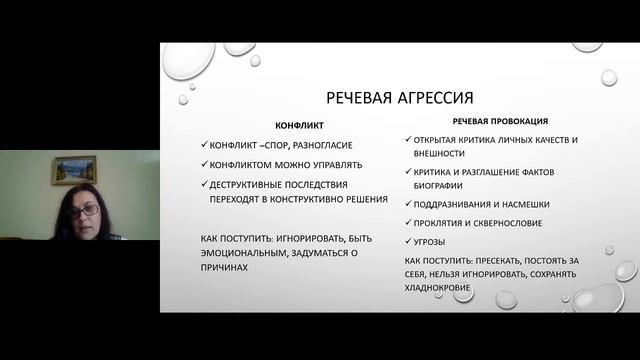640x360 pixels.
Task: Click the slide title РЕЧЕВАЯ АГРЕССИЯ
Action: tap(400, 98)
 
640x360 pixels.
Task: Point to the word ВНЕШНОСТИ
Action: tap(438, 153)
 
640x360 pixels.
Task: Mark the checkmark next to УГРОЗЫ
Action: tap(411, 242)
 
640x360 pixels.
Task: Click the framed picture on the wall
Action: tap(74, 169)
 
